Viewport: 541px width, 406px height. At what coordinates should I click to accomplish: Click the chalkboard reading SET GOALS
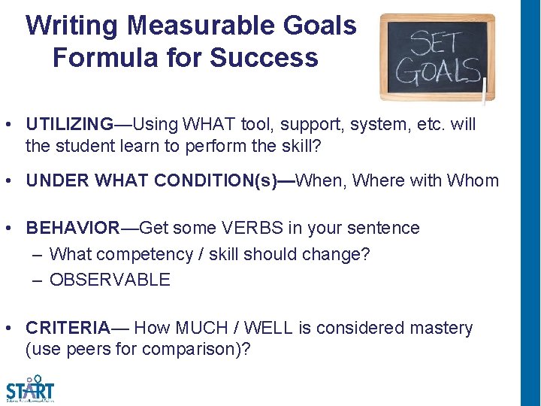coord(437,57)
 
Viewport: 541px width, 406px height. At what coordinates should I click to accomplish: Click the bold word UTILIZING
coord(70,123)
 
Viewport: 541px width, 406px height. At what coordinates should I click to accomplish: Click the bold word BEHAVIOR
coord(73,227)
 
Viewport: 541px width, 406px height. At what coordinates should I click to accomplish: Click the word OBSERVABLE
coord(110,280)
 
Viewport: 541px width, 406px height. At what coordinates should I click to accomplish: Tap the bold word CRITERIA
coord(68,328)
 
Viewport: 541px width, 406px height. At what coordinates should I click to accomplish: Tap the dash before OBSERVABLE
coord(38,280)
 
